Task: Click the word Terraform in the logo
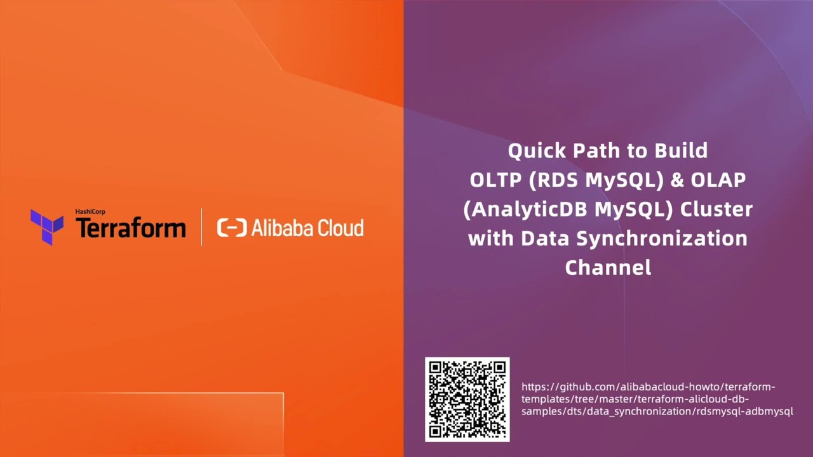130,228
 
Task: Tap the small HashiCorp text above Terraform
90,211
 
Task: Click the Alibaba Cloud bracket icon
231,228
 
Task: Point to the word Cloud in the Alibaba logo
340,228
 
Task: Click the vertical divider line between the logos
201,227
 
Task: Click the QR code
467,399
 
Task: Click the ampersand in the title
677,180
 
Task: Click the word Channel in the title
608,267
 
